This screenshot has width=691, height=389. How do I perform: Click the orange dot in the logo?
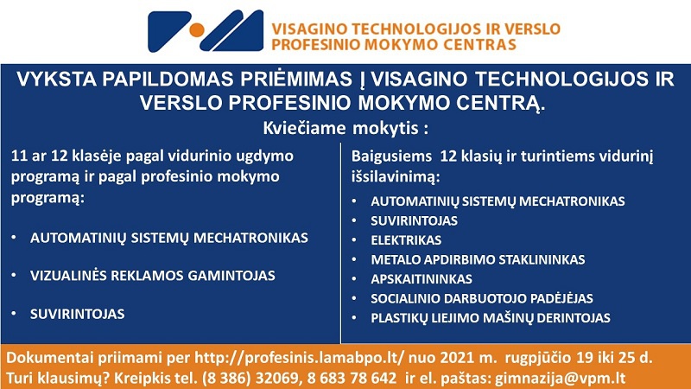coord(197,30)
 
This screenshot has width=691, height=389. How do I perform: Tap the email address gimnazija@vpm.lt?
coord(560,378)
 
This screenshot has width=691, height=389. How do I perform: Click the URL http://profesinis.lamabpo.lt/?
coord(299,358)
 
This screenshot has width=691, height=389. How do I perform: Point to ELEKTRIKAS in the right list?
coord(406,240)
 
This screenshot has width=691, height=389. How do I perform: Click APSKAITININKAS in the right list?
coord(422,278)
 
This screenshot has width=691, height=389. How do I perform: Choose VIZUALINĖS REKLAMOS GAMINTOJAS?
coord(153,275)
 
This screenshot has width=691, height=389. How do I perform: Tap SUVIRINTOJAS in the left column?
coord(77,314)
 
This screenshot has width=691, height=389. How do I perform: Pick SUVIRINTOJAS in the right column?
coord(414,220)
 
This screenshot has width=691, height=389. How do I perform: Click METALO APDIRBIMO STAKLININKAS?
coord(478,259)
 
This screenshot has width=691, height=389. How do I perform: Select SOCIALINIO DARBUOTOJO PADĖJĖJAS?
coord(482,298)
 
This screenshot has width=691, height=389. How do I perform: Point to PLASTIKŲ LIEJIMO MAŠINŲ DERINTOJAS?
coord(491,317)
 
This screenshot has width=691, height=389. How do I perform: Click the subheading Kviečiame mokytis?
coord(345,128)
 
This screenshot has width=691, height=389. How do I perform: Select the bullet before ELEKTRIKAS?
coord(354,239)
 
